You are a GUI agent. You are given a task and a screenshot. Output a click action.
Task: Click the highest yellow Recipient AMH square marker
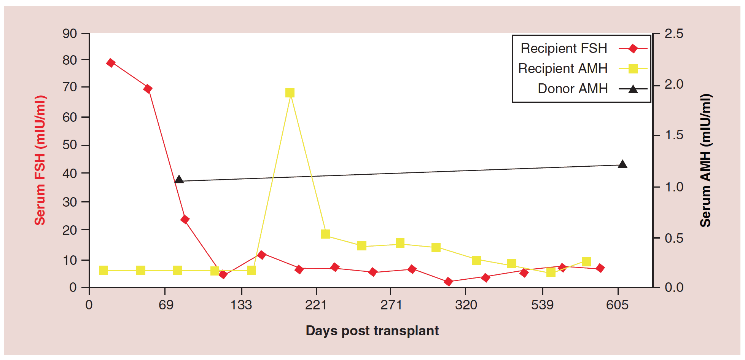290,93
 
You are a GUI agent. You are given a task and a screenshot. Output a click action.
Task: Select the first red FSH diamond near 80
111,63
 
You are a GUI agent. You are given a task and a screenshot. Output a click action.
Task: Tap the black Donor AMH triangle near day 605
622,164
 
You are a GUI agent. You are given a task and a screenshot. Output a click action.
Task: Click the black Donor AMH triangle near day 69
179,180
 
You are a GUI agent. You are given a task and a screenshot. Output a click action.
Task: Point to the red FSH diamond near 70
148,89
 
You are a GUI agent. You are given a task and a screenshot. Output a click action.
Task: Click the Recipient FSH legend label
564,48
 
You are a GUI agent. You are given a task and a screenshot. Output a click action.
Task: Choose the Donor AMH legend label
572,89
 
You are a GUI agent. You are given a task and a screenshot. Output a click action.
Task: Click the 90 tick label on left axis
70,33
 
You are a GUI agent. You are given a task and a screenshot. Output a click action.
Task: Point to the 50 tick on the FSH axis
70,145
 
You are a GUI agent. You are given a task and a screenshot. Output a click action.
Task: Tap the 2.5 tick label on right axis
674,33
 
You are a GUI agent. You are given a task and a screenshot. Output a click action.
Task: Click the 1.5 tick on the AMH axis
674,135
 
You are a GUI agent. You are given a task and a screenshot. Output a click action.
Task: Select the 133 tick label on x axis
241,305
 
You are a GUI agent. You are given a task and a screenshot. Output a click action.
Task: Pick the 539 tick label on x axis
542,305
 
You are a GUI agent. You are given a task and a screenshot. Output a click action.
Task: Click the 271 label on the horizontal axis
391,305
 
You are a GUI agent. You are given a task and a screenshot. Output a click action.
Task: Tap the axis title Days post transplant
372,331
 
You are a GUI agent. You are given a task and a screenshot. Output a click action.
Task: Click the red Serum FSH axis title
40,160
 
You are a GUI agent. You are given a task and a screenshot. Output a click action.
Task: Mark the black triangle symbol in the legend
633,89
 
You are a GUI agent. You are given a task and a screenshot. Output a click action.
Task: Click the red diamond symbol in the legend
633,49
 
